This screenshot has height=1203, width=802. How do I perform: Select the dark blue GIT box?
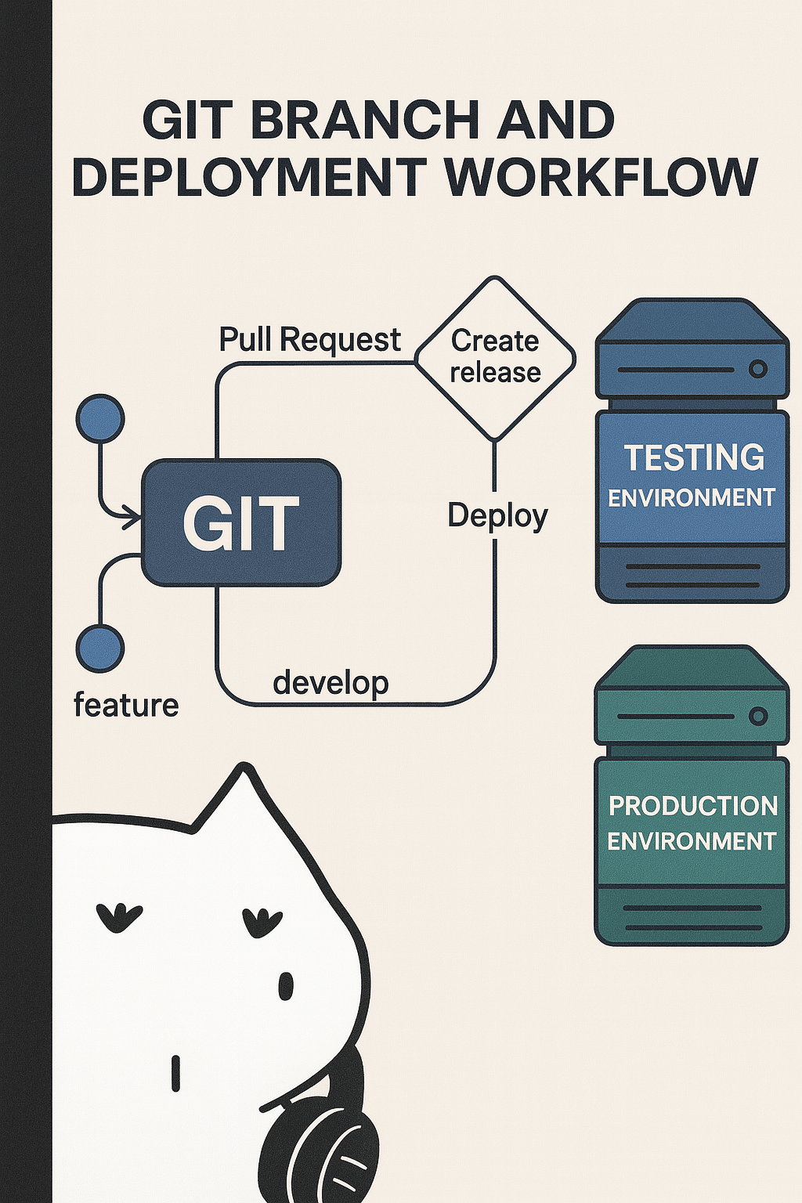[x=240, y=522]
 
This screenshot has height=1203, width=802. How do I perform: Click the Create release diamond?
[x=495, y=358]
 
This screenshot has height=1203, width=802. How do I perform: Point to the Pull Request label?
[x=309, y=340]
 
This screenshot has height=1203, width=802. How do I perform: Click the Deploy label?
[x=497, y=516]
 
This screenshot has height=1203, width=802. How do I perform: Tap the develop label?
[x=331, y=683]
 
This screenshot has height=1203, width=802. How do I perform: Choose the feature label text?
[x=126, y=705]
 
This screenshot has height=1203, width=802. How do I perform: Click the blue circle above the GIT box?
[x=100, y=418]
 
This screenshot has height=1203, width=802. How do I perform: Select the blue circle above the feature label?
[x=100, y=648]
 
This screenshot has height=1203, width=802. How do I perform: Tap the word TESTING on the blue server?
[x=694, y=457]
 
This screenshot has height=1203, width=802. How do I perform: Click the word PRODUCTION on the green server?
[x=693, y=806]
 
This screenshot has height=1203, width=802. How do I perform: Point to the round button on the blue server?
[x=757, y=369]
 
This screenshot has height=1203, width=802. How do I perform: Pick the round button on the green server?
[x=757, y=716]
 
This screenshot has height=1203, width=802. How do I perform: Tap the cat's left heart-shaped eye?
[x=118, y=916]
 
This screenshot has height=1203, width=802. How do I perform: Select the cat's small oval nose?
[x=286, y=986]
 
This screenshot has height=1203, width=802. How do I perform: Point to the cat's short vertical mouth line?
[x=175, y=1073]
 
